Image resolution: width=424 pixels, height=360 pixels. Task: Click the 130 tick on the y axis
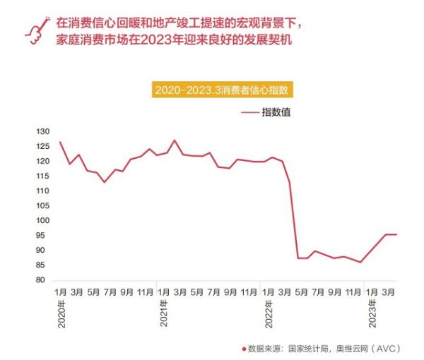tap(45, 132)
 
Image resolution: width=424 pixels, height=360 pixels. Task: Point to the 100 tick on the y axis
tap(45, 221)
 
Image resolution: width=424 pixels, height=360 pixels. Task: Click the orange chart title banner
tap(225, 90)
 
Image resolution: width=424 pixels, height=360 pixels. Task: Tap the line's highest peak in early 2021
tap(175, 140)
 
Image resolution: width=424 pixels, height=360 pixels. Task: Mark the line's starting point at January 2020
tap(60, 143)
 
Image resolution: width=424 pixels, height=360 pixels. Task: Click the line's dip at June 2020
tap(104, 182)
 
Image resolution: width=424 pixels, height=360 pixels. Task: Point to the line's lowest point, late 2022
tap(360, 263)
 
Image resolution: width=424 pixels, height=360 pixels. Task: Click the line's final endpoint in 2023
tap(396, 234)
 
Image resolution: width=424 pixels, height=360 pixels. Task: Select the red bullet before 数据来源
tap(243, 349)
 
